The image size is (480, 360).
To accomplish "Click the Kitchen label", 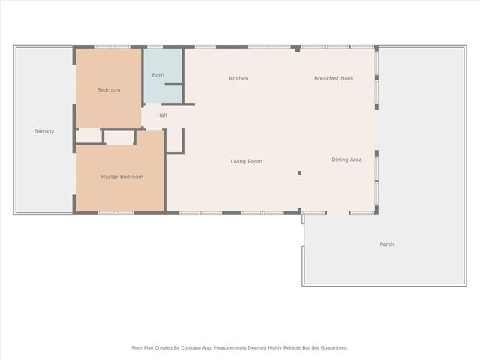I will point(238,78).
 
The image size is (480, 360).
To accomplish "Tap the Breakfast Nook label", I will point(334,78).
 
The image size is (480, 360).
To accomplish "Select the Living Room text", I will point(246,161).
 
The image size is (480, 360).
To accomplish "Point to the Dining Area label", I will point(346,160).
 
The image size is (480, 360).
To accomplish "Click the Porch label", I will point(386,244).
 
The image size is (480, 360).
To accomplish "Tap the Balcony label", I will point(44,131).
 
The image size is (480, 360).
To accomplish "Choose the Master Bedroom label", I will point(121,177).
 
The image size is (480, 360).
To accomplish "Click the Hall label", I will point(162,115).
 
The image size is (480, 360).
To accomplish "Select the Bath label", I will point(158,75).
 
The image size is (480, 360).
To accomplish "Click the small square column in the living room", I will point(299,172).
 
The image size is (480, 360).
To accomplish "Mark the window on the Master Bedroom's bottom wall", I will point(116,213).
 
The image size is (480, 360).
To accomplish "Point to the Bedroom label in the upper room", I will point(108,90).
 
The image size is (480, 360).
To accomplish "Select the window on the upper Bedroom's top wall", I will point(112,47).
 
